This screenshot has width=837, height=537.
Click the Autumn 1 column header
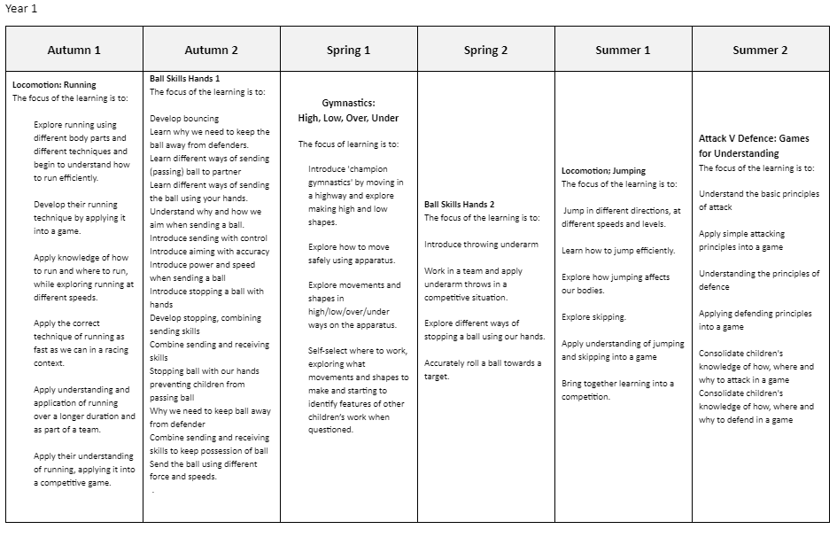tap(74, 50)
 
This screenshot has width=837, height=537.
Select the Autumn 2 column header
tap(211, 50)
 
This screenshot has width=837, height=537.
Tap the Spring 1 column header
tap(348, 50)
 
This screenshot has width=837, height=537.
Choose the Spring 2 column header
tap(485, 50)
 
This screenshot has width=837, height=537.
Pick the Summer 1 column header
tap(623, 50)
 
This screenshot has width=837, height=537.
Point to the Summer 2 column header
tap(760, 50)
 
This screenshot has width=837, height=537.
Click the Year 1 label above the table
tap(21, 9)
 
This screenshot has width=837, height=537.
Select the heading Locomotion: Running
tap(54, 85)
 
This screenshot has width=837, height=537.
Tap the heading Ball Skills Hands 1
tap(185, 79)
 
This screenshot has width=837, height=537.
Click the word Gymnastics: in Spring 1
tap(348, 103)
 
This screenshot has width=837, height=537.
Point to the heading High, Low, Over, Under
tap(348, 118)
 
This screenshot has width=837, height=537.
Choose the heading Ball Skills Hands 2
tap(459, 205)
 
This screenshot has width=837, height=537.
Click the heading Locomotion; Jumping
tap(603, 171)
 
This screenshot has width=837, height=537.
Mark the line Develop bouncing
tap(184, 118)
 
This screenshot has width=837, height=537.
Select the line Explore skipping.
tap(593, 317)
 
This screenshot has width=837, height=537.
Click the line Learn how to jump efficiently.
tap(618, 251)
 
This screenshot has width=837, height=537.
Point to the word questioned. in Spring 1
tap(330, 430)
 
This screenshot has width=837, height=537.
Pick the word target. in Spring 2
tap(438, 377)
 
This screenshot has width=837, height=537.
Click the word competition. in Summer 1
tap(585, 397)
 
